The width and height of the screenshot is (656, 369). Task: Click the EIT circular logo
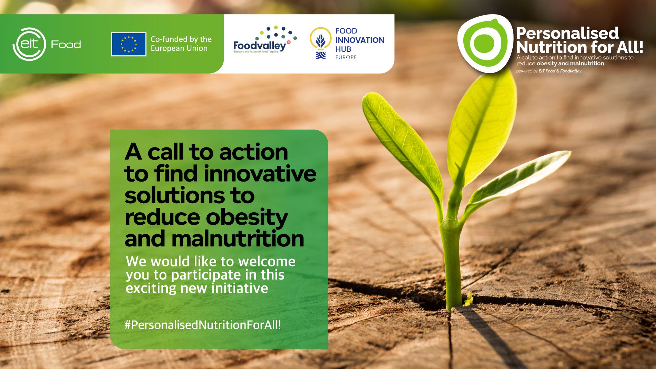point(29,44)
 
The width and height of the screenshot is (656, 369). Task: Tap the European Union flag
point(129,44)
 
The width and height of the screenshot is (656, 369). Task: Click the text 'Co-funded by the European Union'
point(181,44)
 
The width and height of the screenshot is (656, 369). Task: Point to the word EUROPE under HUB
point(346,57)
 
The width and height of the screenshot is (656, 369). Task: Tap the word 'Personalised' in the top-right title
point(567,33)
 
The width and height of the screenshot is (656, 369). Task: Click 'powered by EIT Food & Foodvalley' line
point(549,71)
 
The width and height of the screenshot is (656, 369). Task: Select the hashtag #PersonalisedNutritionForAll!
point(203,325)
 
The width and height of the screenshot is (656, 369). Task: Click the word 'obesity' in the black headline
point(247,217)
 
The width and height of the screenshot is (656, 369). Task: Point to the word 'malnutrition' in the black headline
point(238,239)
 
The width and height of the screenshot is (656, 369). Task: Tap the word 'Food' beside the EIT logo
point(66,44)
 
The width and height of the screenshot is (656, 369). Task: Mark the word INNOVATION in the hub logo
point(360,40)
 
